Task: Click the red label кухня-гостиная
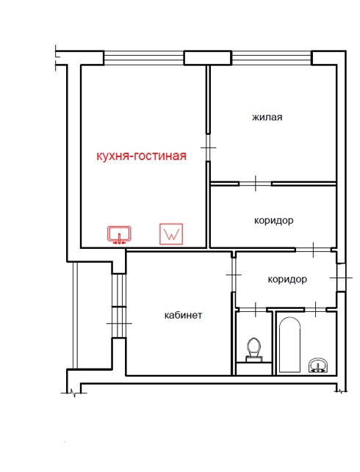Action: coord(141,156)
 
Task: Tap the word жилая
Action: coord(267,117)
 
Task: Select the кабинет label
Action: coord(183,315)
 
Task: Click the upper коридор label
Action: coord(273,221)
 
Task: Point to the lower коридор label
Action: coord(287,280)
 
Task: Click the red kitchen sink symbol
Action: coord(120,234)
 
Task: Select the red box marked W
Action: coord(171,233)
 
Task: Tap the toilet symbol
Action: coord(254,350)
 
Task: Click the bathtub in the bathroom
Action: coord(289,345)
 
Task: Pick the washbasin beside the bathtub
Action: coord(319,366)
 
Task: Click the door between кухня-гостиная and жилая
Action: coord(208,148)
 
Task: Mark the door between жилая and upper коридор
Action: coord(256,184)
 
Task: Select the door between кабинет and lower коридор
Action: coord(233,275)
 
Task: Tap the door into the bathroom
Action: coord(315,309)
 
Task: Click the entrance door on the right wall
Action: coord(342,277)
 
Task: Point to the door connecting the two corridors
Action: coord(313,250)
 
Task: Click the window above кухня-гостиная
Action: coord(144,58)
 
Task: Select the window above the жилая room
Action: coord(271,58)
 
